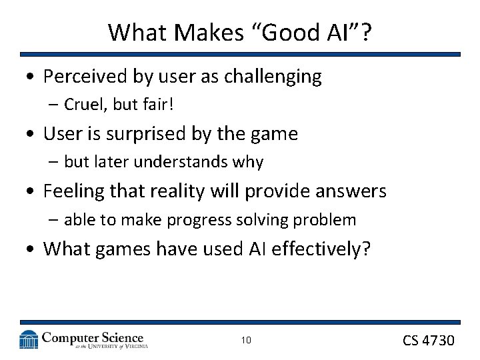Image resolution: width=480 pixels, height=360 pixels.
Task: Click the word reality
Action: (177, 191)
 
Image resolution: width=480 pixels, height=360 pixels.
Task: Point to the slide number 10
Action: (246, 341)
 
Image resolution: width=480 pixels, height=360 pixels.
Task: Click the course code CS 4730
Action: (428, 341)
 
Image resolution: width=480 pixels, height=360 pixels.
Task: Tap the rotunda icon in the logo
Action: (29, 339)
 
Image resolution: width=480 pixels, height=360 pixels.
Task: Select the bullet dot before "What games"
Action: (32, 250)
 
